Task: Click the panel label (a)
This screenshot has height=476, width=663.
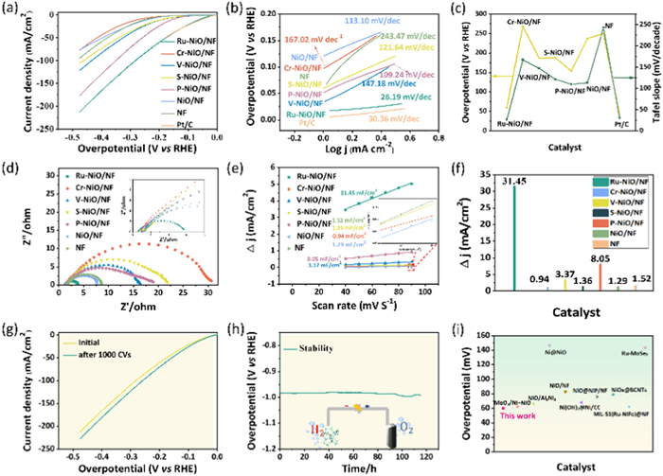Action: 13,10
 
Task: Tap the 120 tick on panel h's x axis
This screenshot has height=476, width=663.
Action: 421,452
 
